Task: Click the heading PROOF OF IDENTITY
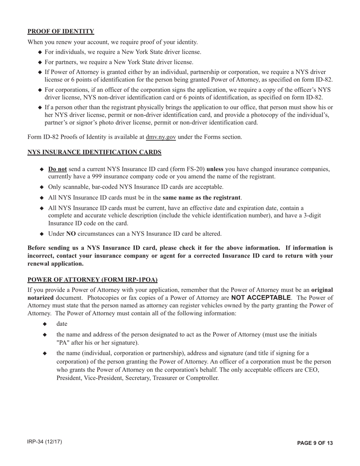tap(61, 31)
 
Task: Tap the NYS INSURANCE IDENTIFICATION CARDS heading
tap(94, 152)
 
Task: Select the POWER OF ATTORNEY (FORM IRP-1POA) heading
tap(92, 280)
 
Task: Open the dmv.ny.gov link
tap(161, 137)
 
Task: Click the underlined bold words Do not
tap(58, 169)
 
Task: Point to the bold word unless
tap(215, 169)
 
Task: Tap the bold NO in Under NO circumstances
tap(71, 234)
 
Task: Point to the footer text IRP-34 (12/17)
tap(45, 442)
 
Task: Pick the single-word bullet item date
tap(62, 324)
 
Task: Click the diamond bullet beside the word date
tap(45, 324)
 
